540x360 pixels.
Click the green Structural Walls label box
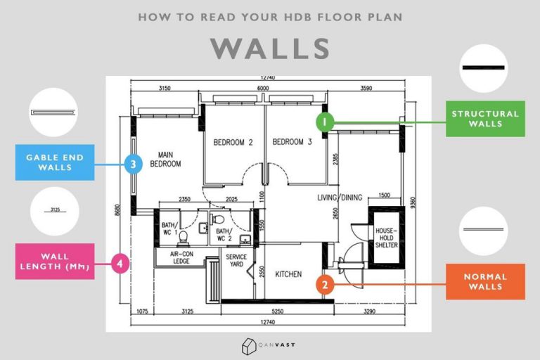486,119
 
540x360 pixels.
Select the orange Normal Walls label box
485,282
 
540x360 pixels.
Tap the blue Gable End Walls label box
55,162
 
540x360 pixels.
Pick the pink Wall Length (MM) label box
55,261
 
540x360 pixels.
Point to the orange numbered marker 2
324,285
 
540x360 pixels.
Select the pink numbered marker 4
122,264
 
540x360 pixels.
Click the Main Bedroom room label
165,159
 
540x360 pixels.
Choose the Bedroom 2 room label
233,142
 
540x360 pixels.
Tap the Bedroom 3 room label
292,142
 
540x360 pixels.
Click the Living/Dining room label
340,198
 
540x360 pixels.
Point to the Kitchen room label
288,274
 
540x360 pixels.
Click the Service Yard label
236,261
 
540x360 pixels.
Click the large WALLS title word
270,49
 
